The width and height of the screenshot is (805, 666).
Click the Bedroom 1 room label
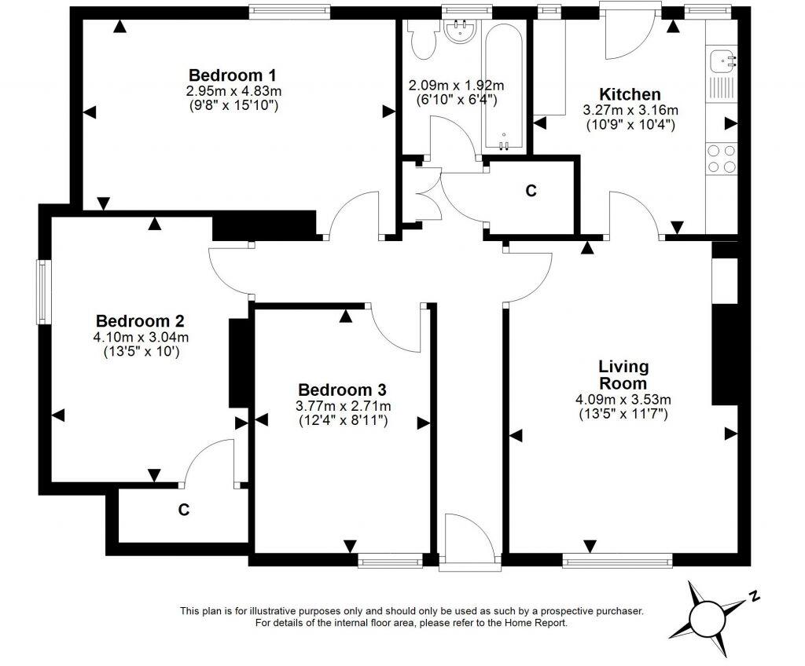[232, 75]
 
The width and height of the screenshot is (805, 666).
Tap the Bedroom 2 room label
[140, 321]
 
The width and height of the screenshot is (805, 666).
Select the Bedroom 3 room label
[342, 390]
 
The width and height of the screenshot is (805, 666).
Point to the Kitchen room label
[630, 94]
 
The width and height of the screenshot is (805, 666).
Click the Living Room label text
[623, 375]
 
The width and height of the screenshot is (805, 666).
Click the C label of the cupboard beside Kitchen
[531, 190]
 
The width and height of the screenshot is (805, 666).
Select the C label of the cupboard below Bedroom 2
[183, 510]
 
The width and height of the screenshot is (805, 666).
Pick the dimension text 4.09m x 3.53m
[623, 399]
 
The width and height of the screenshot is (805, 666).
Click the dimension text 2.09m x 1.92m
[456, 86]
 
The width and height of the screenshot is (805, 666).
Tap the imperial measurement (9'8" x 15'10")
[232, 104]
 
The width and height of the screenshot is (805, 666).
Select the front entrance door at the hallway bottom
[469, 542]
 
